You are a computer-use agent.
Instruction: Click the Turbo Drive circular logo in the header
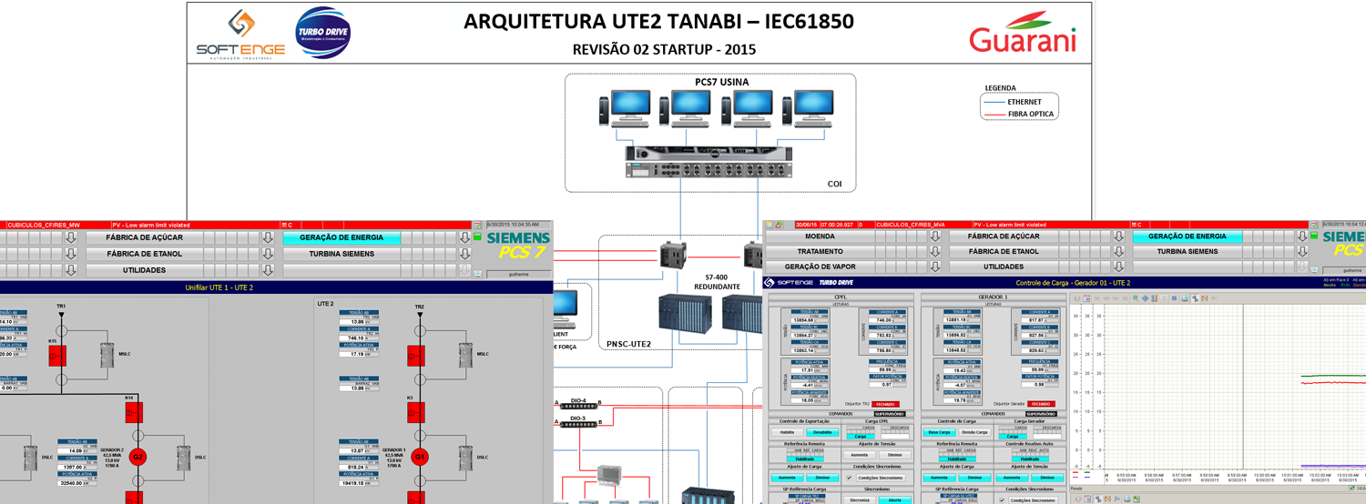pos(323,34)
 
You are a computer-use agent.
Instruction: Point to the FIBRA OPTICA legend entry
pos(1030,115)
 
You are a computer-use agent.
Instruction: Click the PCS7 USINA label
pos(721,82)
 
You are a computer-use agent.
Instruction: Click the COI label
pos(834,184)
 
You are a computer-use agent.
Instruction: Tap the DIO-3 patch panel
pos(578,422)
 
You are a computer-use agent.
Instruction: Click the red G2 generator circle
pos(138,457)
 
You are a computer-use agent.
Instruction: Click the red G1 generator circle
pos(419,457)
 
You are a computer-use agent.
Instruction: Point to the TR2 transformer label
pos(419,307)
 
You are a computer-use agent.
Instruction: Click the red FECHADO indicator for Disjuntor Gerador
pos(1042,404)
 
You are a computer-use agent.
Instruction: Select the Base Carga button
pos(940,432)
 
